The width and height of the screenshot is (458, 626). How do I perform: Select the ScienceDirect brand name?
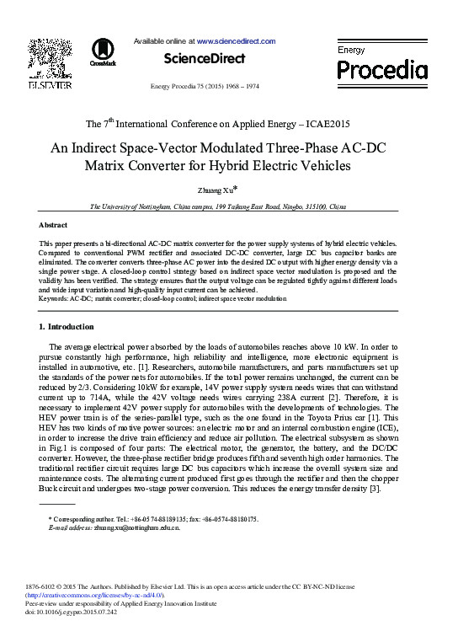click(x=205, y=59)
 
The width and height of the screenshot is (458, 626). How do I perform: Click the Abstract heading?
click(x=53, y=225)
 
